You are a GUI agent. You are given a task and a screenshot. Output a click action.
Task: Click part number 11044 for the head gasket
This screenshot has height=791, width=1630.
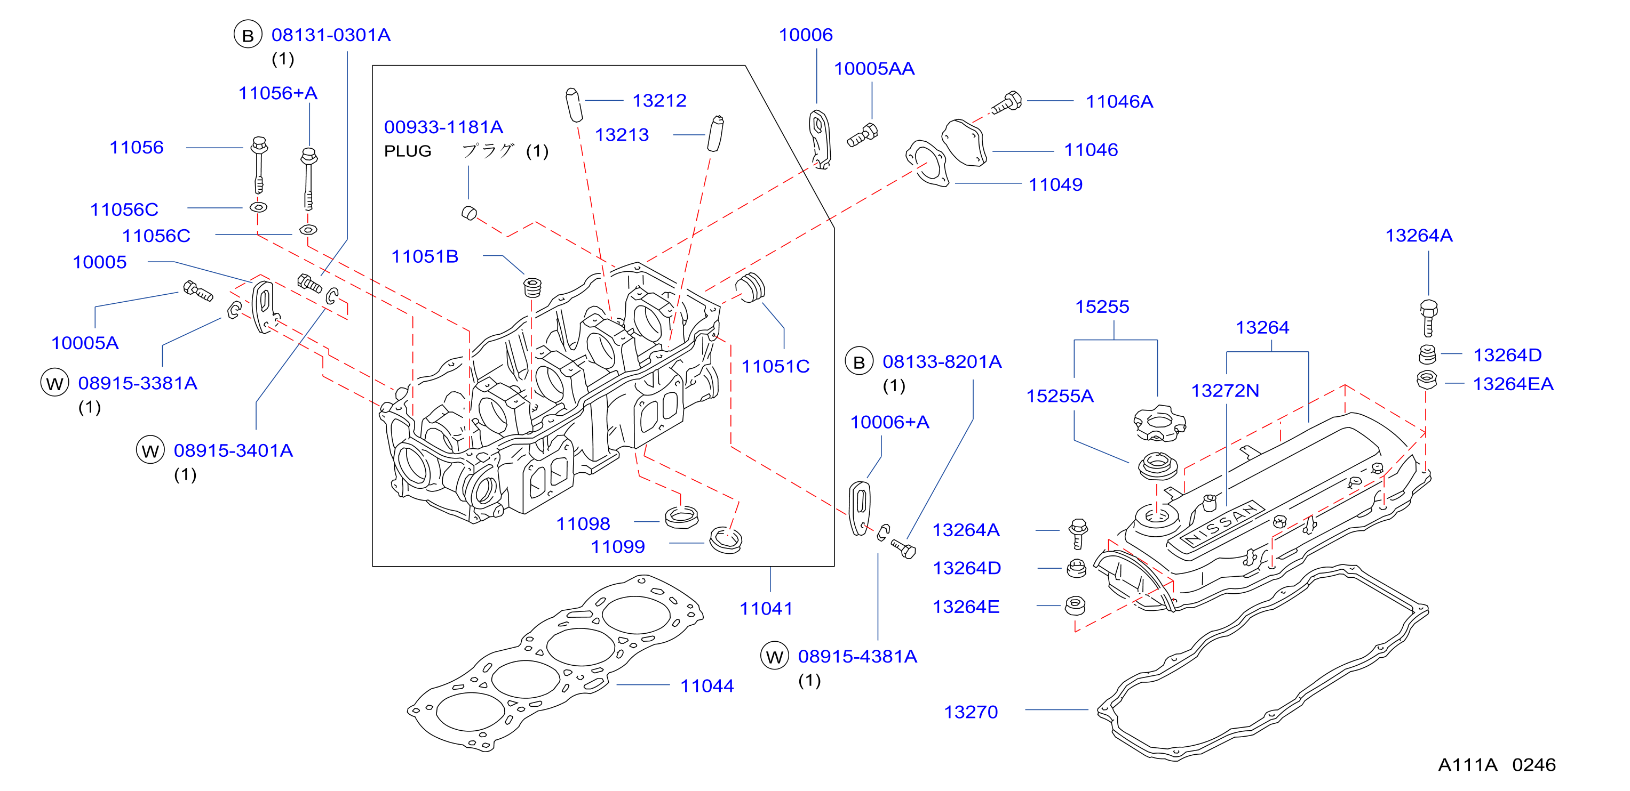click(x=707, y=686)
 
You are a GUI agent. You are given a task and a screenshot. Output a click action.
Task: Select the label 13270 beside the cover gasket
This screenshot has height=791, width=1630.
click(x=971, y=712)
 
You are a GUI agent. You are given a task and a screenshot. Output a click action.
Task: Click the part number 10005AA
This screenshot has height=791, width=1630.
click(x=874, y=69)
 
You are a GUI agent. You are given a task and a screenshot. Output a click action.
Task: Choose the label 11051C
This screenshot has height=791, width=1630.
click(x=775, y=367)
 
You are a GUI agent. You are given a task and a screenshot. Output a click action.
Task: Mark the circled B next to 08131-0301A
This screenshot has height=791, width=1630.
click(x=248, y=35)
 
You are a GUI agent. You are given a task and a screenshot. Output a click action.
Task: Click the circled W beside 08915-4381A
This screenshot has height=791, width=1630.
click(x=775, y=656)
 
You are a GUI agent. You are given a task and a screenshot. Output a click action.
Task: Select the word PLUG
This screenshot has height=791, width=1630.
click(x=408, y=152)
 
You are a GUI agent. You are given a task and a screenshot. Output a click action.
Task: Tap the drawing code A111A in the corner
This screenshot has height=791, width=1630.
click(x=1467, y=765)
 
